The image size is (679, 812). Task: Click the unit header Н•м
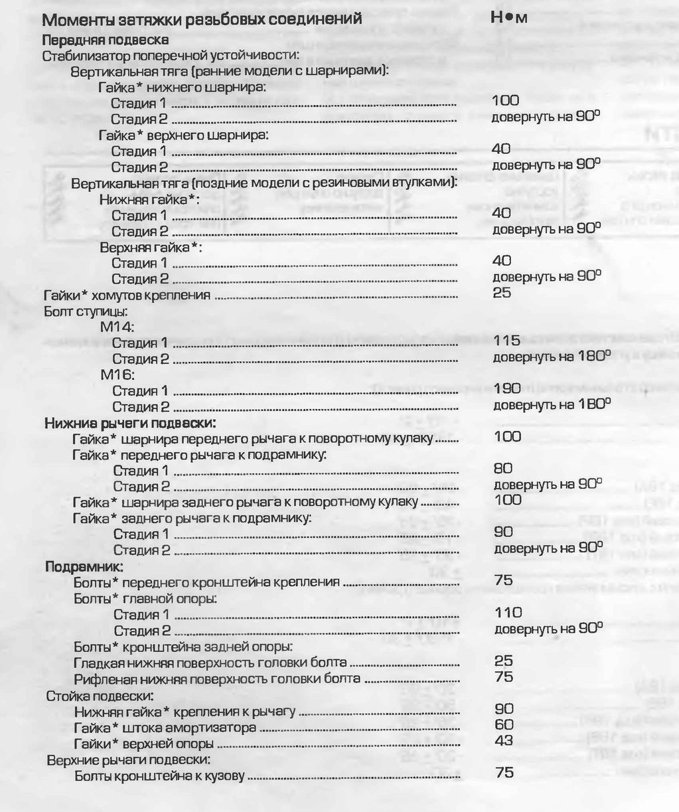pos(509,19)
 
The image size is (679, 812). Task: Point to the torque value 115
pos(506,340)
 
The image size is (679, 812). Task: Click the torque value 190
pos(507,388)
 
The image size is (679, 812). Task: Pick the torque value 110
pos(508,611)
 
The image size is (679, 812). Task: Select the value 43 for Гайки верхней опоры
pos(504,740)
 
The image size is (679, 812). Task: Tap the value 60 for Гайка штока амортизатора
pos(504,724)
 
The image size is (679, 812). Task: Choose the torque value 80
pos(504,468)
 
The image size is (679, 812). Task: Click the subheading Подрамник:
pos(84,567)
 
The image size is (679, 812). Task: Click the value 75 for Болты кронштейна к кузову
pos(504,773)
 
